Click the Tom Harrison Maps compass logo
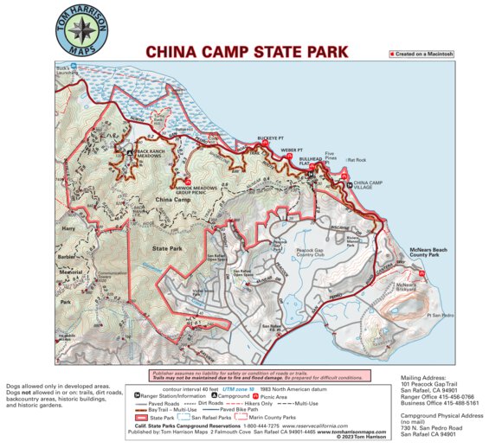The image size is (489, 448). pyautogui.click(x=81, y=31)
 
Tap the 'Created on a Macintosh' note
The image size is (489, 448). pyautogui.click(x=423, y=54)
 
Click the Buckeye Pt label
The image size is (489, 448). pyautogui.click(x=271, y=138)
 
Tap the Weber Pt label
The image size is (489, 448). pyautogui.click(x=292, y=149)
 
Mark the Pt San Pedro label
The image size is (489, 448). pyautogui.click(x=441, y=316)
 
